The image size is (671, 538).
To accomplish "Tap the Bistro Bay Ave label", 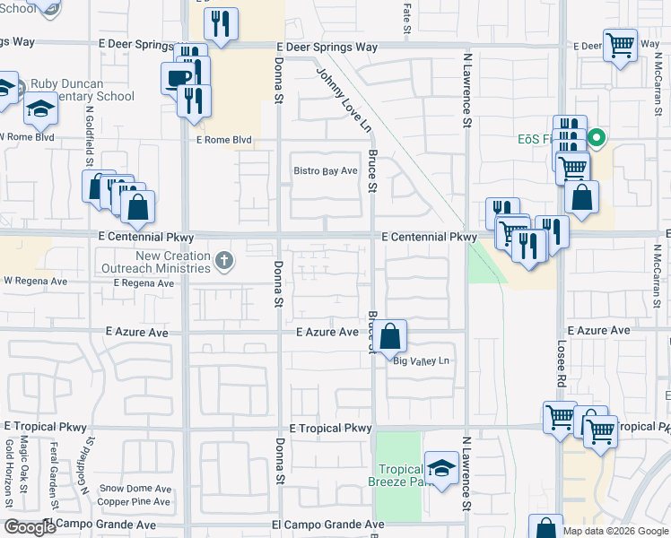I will click(327, 170).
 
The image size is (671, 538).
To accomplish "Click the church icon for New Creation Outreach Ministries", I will click(224, 261).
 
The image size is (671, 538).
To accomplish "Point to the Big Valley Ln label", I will click(421, 360).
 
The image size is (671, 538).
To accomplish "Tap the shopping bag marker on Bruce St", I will click(390, 338).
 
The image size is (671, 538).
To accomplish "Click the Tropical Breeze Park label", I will click(400, 475).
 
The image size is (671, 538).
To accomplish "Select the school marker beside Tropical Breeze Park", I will click(440, 468).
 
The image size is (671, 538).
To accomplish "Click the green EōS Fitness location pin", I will click(597, 139).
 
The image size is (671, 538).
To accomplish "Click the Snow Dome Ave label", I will click(135, 489).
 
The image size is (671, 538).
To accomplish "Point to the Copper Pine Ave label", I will click(135, 501).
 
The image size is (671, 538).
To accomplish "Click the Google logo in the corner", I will click(30, 527).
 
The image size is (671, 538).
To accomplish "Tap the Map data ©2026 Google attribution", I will click(615, 531).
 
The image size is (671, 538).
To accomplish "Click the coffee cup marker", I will click(178, 78).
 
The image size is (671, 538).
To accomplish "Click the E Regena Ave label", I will click(144, 282).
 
